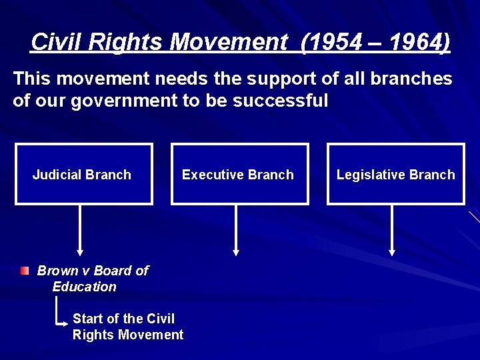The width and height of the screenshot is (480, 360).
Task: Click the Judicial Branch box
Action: point(83,174)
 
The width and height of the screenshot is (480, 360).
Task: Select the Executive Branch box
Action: point(239,174)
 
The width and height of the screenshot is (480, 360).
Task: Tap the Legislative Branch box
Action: point(395,174)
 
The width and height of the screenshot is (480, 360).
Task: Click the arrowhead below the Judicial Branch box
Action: point(80,252)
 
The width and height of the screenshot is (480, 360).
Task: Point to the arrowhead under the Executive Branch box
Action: point(236,252)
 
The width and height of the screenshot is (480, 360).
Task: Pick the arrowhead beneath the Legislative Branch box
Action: point(392,252)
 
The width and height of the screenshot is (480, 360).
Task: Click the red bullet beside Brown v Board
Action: point(25,271)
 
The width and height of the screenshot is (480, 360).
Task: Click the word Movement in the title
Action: point(227,43)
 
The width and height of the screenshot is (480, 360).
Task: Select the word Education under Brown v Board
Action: point(84,287)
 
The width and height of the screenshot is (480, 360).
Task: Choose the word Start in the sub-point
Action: point(89,319)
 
